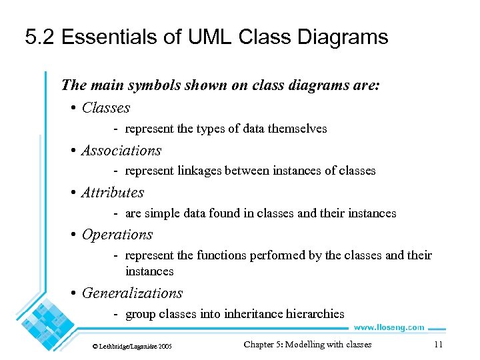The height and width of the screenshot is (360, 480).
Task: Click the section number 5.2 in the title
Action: pos(40,37)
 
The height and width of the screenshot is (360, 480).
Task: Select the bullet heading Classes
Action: pos(105,108)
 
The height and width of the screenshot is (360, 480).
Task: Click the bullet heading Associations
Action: pos(121,151)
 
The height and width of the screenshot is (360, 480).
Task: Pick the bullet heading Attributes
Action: pos(113,193)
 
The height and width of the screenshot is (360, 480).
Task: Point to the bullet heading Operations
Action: pos(117,235)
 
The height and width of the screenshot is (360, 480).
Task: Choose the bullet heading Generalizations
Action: pos(132,293)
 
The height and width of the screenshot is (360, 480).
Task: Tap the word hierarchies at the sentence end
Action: pos(319,314)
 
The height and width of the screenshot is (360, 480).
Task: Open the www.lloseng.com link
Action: pos(388,327)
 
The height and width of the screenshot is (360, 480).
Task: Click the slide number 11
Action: pos(438,345)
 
